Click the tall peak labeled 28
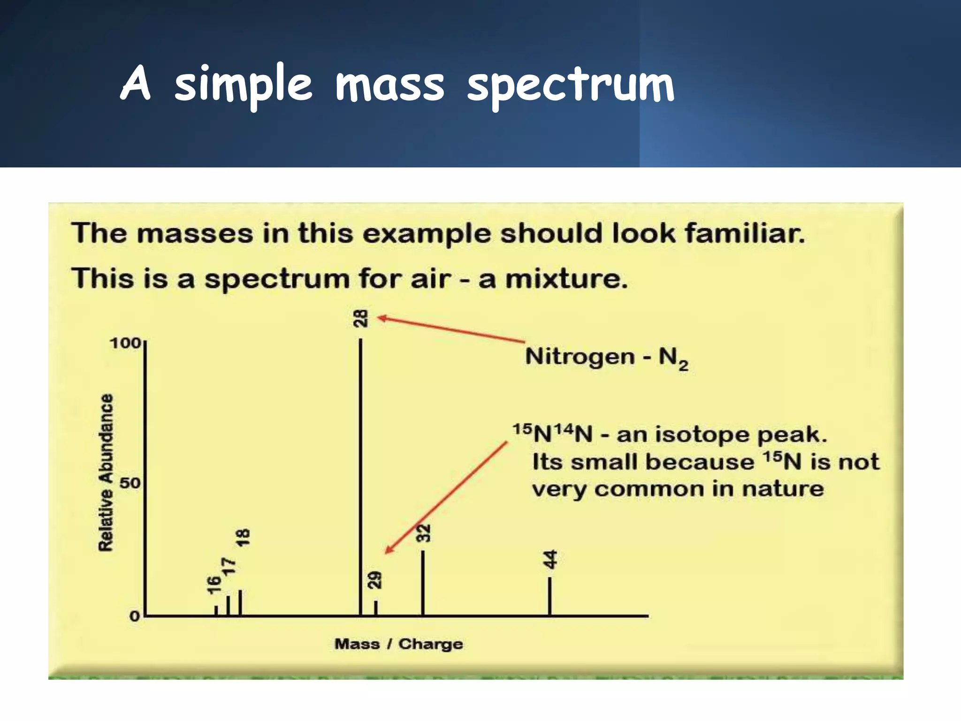tap(360, 474)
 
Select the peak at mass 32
tap(423, 582)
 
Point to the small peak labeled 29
tap(376, 607)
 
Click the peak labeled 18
tap(240, 602)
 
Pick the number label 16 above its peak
tap(214, 584)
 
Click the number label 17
tap(228, 567)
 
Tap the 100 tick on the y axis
tap(125, 343)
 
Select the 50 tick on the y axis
tap(130, 483)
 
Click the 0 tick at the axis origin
tap(135, 616)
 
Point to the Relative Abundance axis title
tap(106, 472)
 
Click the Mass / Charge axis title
tap(398, 644)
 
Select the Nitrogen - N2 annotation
tap(606, 357)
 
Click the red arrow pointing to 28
tap(450, 329)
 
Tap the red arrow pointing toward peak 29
tap(446, 498)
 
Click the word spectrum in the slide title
tap(570, 84)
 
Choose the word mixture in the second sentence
tap(566, 279)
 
